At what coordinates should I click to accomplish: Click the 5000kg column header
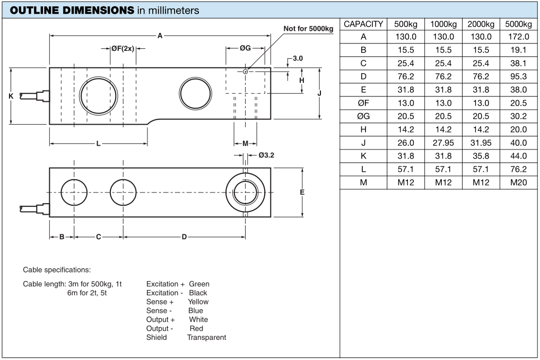[518, 24]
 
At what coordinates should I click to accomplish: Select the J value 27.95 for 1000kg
[443, 143]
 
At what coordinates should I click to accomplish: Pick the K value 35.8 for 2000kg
[481, 156]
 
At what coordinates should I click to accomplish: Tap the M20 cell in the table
[518, 182]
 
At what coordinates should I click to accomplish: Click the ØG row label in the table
[363, 116]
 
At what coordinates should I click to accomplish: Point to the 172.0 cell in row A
[518, 37]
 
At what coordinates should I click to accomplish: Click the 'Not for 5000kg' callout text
[308, 29]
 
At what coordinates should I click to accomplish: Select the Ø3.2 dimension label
[266, 155]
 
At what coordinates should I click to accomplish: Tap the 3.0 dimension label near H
[298, 58]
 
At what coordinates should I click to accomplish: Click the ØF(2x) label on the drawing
[123, 49]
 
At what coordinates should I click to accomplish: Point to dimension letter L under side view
[99, 144]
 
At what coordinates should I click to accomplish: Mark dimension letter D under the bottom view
[184, 237]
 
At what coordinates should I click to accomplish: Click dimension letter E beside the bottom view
[302, 192]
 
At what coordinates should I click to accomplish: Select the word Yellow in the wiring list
[198, 302]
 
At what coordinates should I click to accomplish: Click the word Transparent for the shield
[207, 337]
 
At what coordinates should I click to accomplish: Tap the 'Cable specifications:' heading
[57, 270]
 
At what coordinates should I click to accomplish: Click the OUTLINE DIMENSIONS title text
[72, 10]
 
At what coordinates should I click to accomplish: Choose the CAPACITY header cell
[363, 24]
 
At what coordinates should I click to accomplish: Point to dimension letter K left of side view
[11, 96]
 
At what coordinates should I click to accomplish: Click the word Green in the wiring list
[199, 284]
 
